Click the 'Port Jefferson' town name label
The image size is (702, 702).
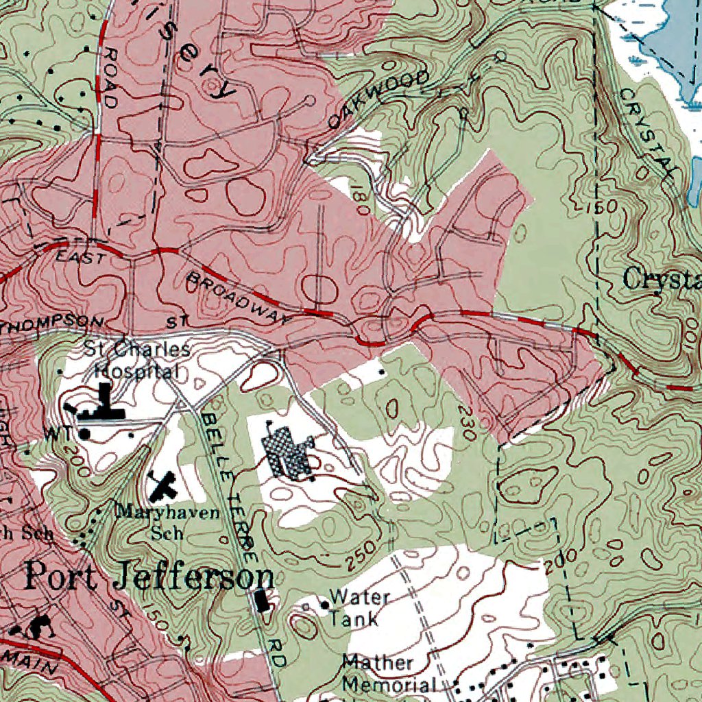pyautogui.click(x=149, y=577)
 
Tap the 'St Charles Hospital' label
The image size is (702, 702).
pyautogui.click(x=137, y=360)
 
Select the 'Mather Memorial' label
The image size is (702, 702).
pyautogui.click(x=389, y=673)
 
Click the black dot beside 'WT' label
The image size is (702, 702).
pyautogui.click(x=85, y=433)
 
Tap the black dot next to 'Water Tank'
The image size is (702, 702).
pyautogui.click(x=324, y=605)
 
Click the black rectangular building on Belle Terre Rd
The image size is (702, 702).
pyautogui.click(x=261, y=600)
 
